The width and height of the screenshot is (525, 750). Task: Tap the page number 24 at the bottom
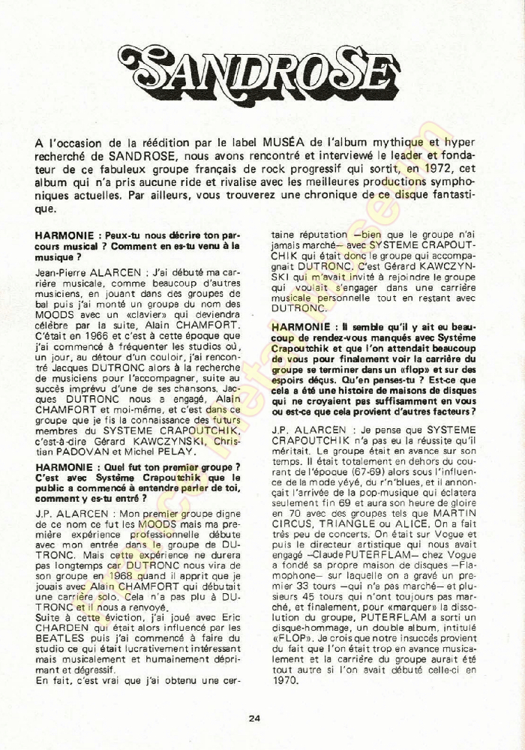click(255, 718)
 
